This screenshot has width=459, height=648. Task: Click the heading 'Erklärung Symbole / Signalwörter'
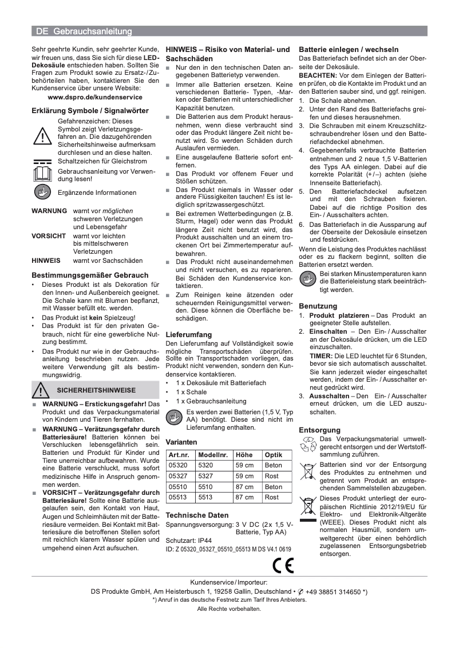click(x=90, y=111)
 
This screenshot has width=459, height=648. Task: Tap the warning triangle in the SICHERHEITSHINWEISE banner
click(x=42, y=390)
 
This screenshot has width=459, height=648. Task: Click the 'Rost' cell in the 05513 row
click(x=272, y=497)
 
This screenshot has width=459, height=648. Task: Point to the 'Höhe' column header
click(x=244, y=454)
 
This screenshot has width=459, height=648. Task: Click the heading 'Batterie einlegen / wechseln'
click(x=349, y=50)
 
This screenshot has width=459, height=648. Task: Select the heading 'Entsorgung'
click(x=319, y=430)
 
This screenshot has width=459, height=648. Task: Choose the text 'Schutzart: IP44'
click(x=188, y=539)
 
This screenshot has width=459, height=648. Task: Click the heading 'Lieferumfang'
click(x=188, y=334)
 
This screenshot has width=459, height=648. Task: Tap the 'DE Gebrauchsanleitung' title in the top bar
click(x=84, y=31)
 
